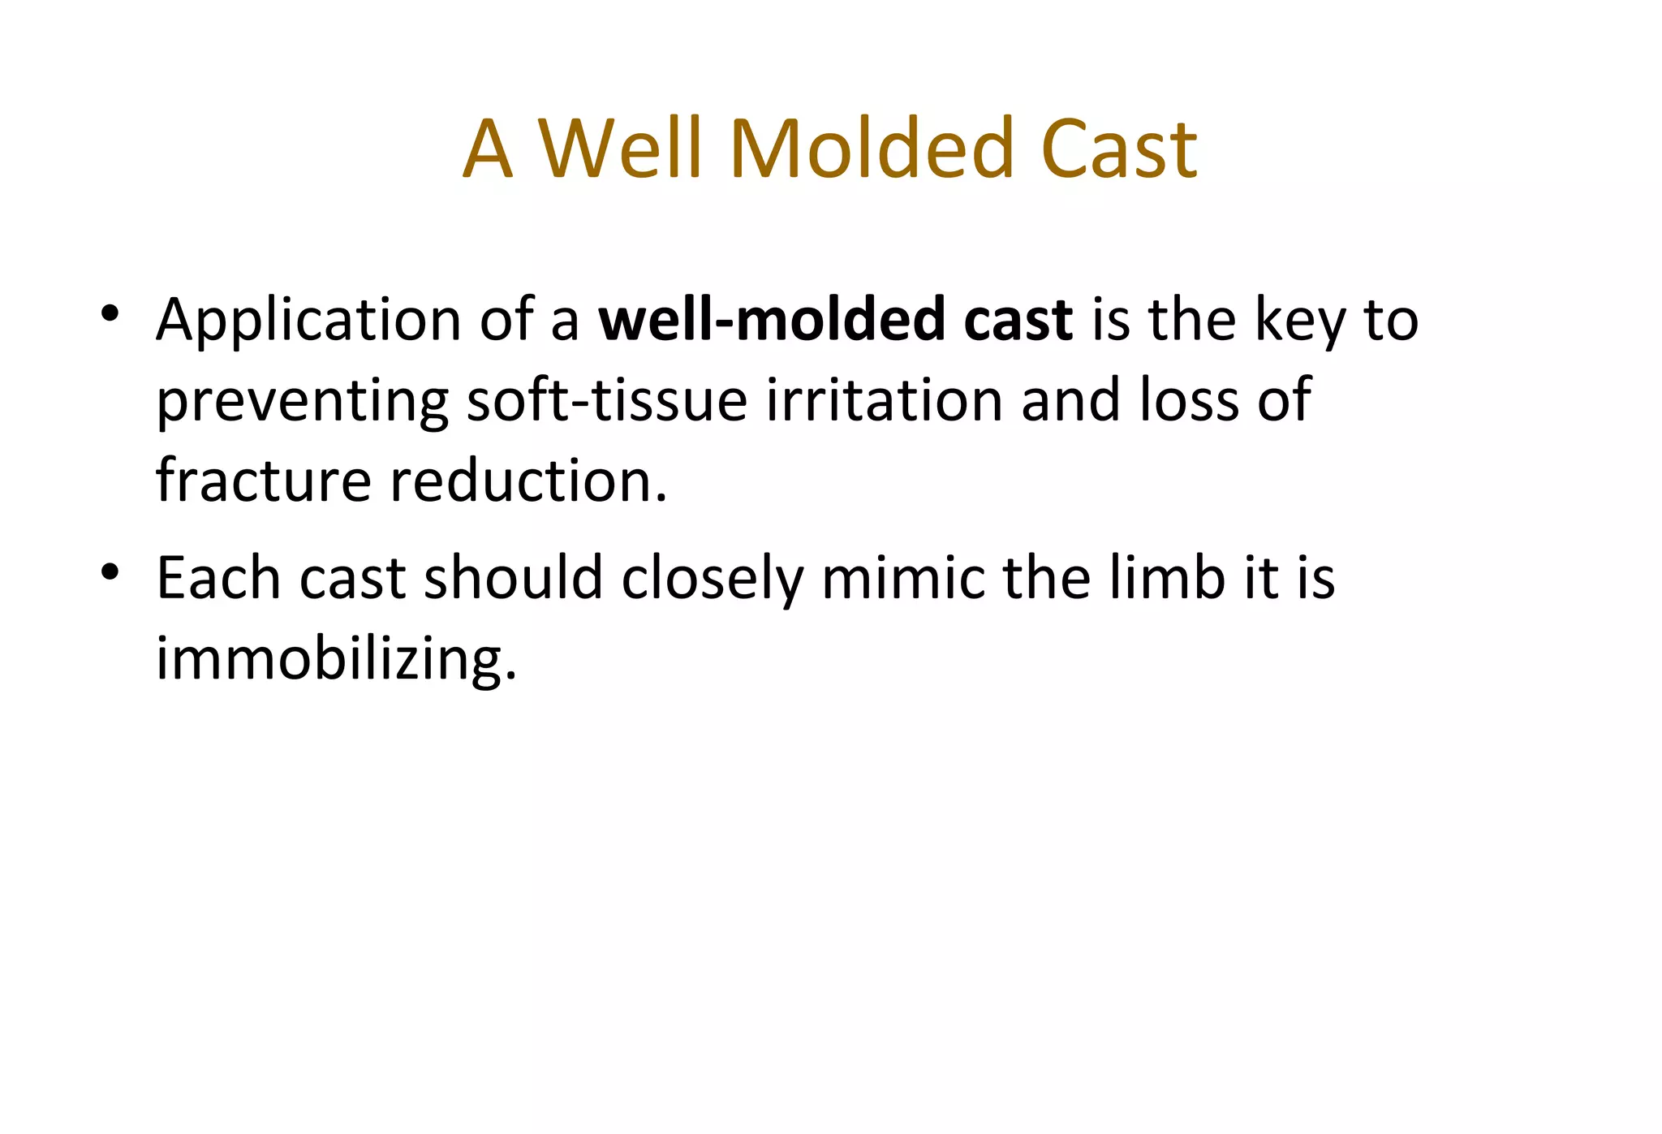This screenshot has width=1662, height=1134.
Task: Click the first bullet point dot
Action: [110, 313]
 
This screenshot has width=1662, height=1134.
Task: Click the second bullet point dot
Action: [110, 571]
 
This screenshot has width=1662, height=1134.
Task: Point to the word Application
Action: [308, 321]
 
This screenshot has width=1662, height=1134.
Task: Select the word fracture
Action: [264, 481]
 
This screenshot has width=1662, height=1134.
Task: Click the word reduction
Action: [528, 481]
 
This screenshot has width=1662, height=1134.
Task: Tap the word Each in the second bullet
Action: [218, 578]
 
